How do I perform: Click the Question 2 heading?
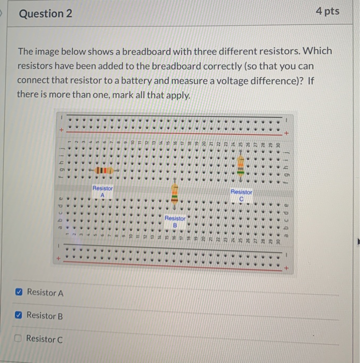pos(46,13)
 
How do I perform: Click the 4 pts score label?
pos(327,11)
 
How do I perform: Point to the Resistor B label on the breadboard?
pos(175,221)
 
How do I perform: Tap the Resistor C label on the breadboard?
pos(241,195)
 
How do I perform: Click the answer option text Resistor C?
pos(44,339)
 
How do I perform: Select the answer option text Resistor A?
pos(45,293)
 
